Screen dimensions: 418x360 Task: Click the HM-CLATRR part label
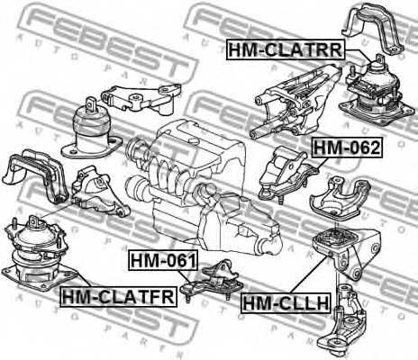tap(286, 49)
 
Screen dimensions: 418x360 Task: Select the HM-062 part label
tap(347, 148)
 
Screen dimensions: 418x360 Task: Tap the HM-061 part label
tap(163, 260)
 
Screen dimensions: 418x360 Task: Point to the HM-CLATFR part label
tap(118, 296)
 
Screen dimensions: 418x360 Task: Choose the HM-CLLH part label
tap(286, 303)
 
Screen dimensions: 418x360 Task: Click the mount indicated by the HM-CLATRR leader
tap(377, 92)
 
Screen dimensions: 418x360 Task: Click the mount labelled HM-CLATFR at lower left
tap(39, 254)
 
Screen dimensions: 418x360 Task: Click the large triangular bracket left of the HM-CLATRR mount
tap(295, 102)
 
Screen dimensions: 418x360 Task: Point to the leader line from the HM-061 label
tap(184, 276)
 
